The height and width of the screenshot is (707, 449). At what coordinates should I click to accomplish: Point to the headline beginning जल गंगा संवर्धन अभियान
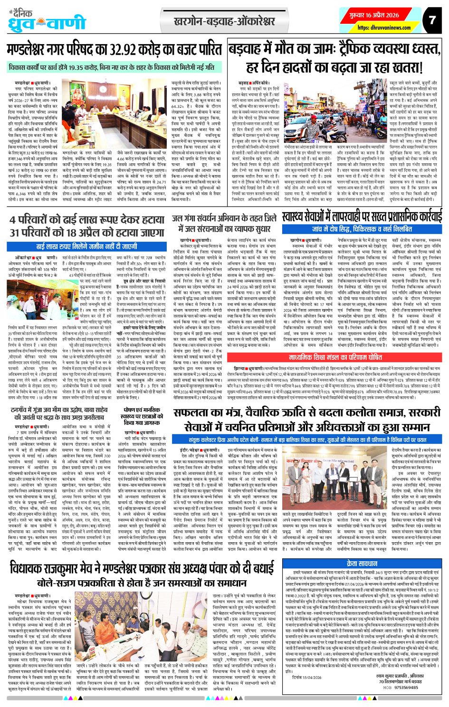pyautogui.click(x=224, y=224)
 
